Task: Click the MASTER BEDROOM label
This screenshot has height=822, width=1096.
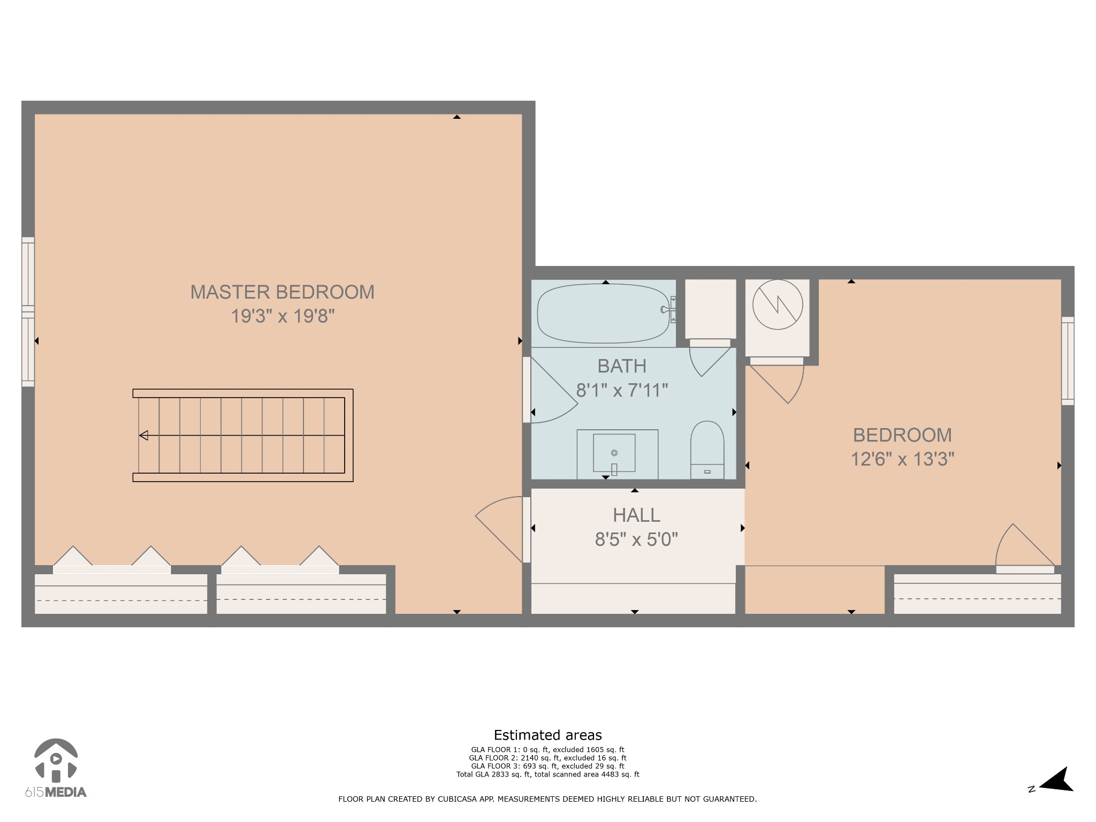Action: tap(282, 292)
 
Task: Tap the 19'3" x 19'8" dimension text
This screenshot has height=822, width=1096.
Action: tap(282, 316)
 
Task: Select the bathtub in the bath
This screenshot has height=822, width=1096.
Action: tap(603, 313)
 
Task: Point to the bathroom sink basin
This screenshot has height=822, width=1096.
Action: tap(614, 453)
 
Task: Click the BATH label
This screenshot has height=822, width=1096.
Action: tap(621, 366)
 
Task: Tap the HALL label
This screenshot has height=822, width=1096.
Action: tap(636, 515)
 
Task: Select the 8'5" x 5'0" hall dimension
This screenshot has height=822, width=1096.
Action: tap(636, 539)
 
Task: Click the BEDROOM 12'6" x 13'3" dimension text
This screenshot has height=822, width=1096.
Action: tap(902, 459)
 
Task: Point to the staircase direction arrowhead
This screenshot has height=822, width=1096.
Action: tap(143, 436)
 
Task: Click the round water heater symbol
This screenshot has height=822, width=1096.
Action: tap(777, 305)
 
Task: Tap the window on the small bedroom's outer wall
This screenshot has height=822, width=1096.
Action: tap(1067, 361)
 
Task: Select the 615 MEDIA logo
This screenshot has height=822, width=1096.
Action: tap(56, 768)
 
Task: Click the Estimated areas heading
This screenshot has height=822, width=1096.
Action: tap(547, 735)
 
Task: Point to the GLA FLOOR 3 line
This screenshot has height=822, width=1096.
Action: tap(547, 766)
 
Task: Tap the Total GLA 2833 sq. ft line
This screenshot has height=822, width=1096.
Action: tap(547, 774)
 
